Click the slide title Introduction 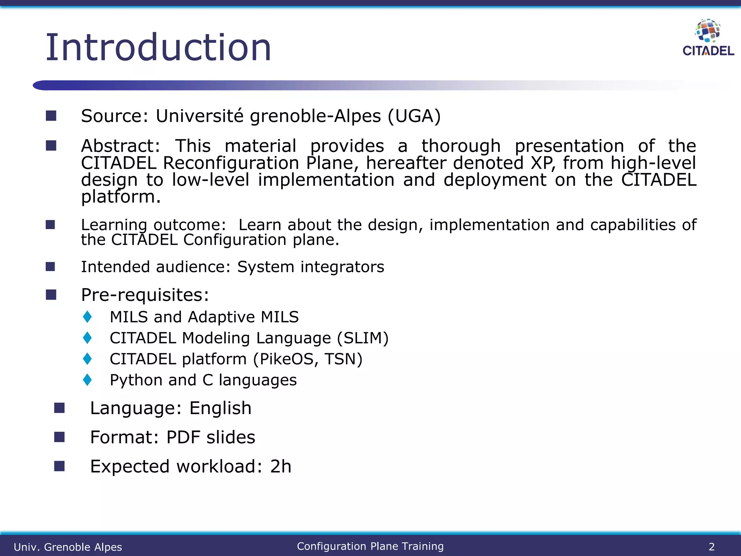[x=158, y=47]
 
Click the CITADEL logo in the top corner [x=708, y=38]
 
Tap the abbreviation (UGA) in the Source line [x=414, y=116]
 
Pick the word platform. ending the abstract [x=120, y=197]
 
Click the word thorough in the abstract [x=461, y=146]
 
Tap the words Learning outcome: [x=153, y=225]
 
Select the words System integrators [x=310, y=267]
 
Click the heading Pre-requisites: [x=145, y=295]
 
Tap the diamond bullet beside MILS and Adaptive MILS [x=87, y=317]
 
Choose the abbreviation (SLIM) [x=363, y=338]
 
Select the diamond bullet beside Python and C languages [x=87, y=380]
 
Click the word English [x=220, y=408]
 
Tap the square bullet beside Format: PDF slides [x=59, y=437]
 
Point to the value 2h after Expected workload [x=280, y=467]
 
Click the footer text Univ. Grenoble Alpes [x=68, y=547]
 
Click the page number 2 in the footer [x=711, y=547]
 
